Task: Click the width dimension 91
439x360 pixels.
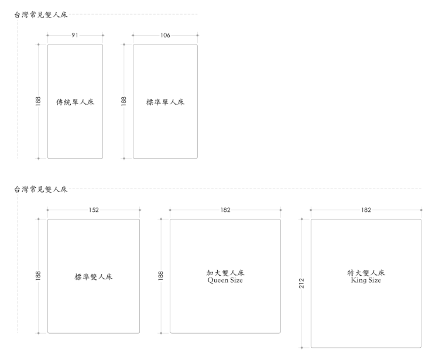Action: tap(75, 35)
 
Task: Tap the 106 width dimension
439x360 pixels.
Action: tap(165, 35)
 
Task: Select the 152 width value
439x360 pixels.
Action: tap(94, 210)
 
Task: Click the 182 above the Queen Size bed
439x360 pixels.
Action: tap(225, 210)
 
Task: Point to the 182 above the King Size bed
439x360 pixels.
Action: tap(366, 210)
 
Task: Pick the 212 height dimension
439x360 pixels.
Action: tap(301, 283)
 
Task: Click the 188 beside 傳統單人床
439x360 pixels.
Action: tap(38, 101)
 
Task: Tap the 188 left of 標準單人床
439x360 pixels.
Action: tap(124, 101)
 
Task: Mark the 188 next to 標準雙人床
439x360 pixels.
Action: tap(38, 276)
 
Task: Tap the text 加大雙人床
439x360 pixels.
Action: tap(225, 273)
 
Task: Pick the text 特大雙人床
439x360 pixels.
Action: tap(366, 273)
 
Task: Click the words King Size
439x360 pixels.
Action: tap(366, 281)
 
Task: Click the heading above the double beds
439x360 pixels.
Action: tap(40, 189)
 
